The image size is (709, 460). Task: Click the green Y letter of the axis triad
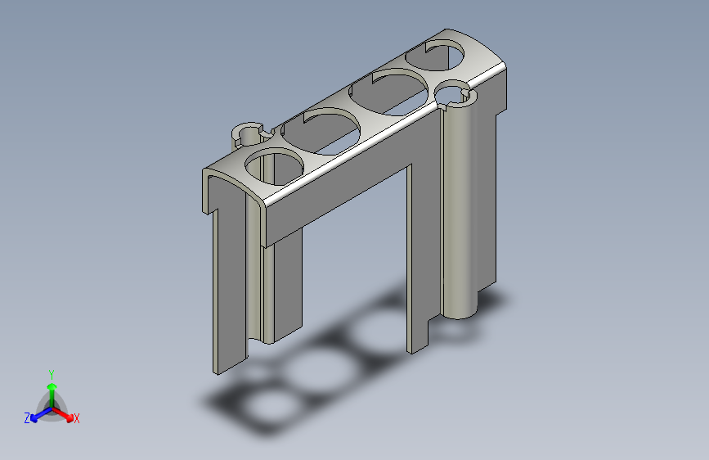pyautogui.click(x=52, y=374)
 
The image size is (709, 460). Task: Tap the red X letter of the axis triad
pyautogui.click(x=76, y=419)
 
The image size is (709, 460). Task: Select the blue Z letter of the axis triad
pyautogui.click(x=27, y=418)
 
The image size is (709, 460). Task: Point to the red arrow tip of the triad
pyautogui.click(x=70, y=417)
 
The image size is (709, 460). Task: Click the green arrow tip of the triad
pyautogui.click(x=52, y=386)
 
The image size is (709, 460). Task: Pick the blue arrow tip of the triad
pyautogui.click(x=34, y=419)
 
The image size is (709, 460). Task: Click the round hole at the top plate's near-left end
pyautogui.click(x=274, y=169)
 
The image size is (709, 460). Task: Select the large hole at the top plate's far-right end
pyautogui.click(x=435, y=55)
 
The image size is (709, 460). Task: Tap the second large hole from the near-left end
pyautogui.click(x=321, y=131)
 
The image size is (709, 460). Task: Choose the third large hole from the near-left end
pyautogui.click(x=389, y=92)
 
